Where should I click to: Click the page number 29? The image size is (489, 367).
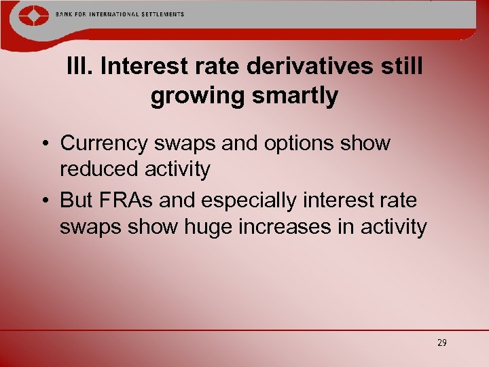(441, 343)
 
